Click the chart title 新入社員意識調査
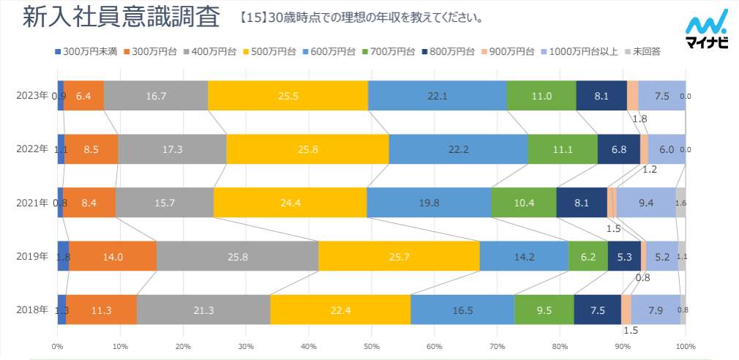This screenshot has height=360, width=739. [x=121, y=18]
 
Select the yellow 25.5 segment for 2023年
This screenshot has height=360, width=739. [x=288, y=96]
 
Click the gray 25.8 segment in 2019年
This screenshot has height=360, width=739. [x=237, y=257]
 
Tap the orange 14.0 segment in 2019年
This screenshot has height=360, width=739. [x=113, y=257]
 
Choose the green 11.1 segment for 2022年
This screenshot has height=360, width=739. [x=563, y=149]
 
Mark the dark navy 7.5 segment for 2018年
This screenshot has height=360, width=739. [x=597, y=310]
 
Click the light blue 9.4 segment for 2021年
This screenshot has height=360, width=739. [x=646, y=203]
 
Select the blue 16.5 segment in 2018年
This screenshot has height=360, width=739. [x=462, y=310]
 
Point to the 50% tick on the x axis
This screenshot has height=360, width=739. [x=372, y=346]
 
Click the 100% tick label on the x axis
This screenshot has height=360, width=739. [x=686, y=346]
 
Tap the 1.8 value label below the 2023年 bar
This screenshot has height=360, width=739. [x=639, y=119]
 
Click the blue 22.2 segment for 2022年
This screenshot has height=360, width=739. [x=458, y=149]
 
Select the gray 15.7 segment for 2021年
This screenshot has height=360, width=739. [x=164, y=203]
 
